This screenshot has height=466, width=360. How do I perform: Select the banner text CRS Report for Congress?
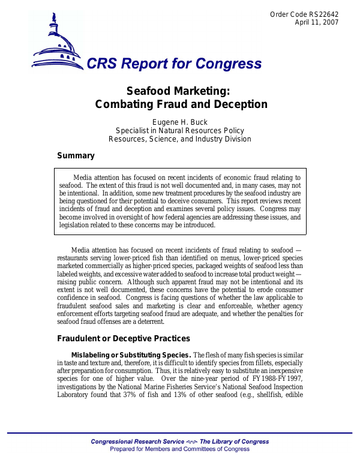[174, 64]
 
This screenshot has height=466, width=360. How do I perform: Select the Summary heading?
[76, 156]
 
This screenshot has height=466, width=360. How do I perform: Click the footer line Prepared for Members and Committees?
[180, 449]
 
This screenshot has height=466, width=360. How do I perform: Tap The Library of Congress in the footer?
[235, 441]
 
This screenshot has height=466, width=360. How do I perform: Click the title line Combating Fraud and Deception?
[181, 104]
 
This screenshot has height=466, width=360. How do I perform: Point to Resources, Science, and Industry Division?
[180, 139]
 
